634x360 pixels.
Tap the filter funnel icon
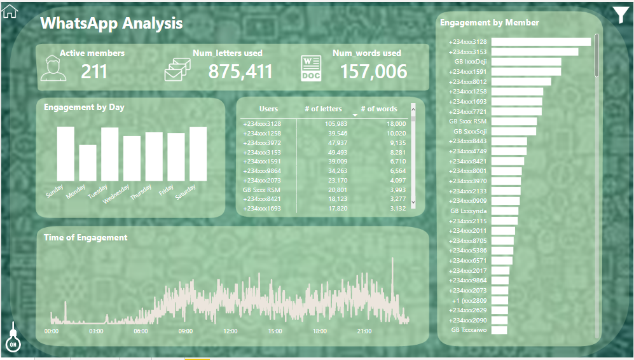[621, 14]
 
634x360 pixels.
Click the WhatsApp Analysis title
[111, 24]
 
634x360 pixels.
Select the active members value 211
[94, 71]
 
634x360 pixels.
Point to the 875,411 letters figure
[240, 71]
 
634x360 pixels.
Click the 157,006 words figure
[373, 71]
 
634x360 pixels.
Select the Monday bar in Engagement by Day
[88, 163]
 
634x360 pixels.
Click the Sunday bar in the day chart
[65, 154]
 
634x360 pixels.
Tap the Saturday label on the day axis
[186, 191]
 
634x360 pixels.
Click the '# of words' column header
[379, 109]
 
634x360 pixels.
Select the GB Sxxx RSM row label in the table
[261, 190]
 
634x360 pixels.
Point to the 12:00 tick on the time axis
[230, 331]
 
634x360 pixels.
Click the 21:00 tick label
[364, 331]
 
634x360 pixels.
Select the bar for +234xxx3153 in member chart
[534, 52]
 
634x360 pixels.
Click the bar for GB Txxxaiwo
[499, 329]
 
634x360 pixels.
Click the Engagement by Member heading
[489, 22]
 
